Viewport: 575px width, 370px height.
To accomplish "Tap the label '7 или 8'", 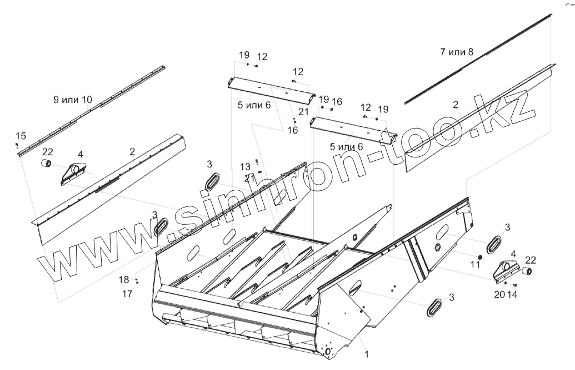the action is (456, 52).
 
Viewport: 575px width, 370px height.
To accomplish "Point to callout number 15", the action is (20, 136).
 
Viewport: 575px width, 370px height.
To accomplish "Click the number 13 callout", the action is (246, 166).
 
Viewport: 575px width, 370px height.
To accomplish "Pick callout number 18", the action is (124, 279).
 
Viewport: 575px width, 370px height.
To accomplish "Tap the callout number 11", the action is (475, 265).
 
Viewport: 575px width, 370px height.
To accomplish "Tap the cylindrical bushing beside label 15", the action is (46, 164).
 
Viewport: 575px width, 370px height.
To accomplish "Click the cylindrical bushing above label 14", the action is (527, 272).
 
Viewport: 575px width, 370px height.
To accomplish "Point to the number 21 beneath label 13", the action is (249, 178).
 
